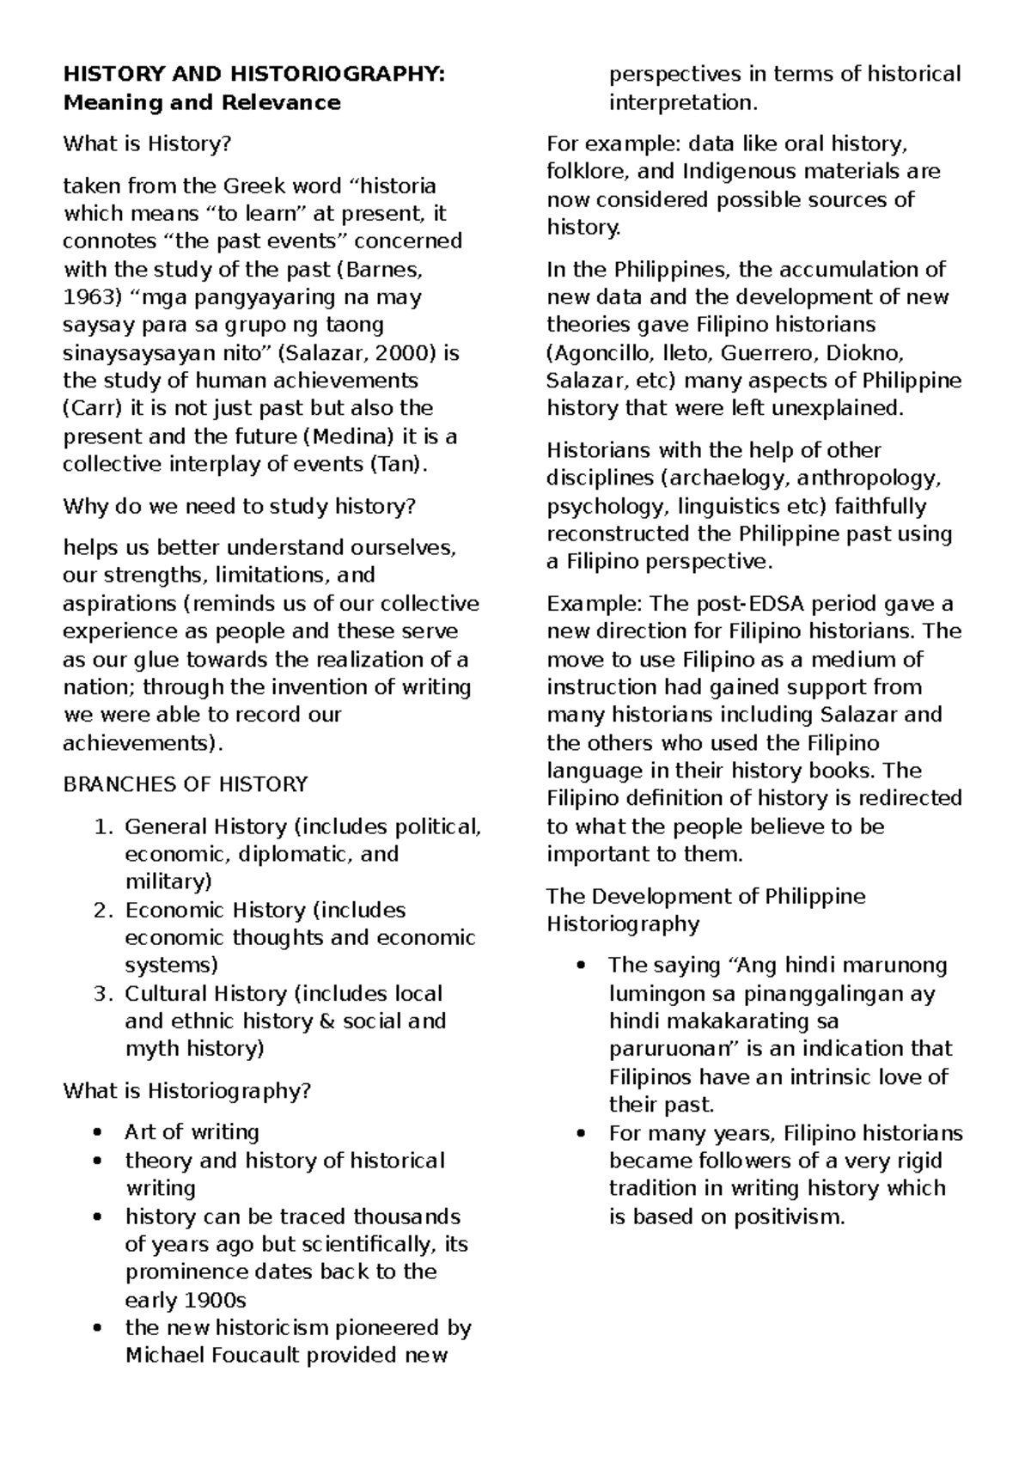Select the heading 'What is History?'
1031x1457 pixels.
click(x=147, y=143)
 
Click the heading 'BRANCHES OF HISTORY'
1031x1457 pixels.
click(x=186, y=784)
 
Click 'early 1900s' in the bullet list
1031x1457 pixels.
click(x=186, y=1300)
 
